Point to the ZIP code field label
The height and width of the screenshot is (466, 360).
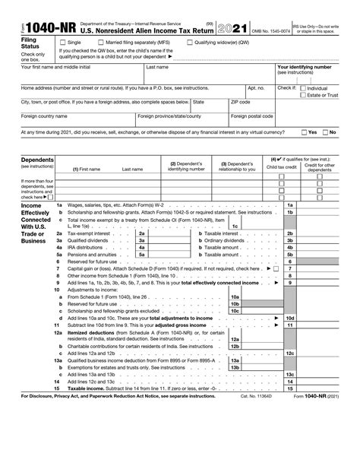tap(241, 100)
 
